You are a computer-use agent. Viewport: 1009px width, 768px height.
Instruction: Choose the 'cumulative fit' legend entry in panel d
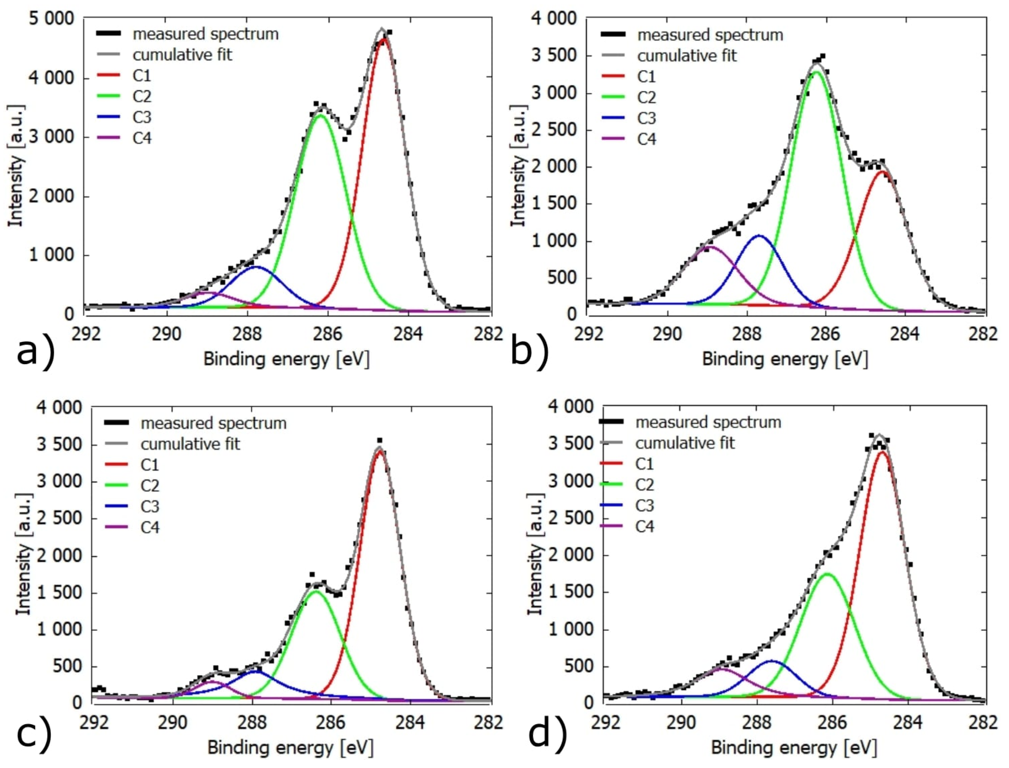pyautogui.click(x=685, y=443)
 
